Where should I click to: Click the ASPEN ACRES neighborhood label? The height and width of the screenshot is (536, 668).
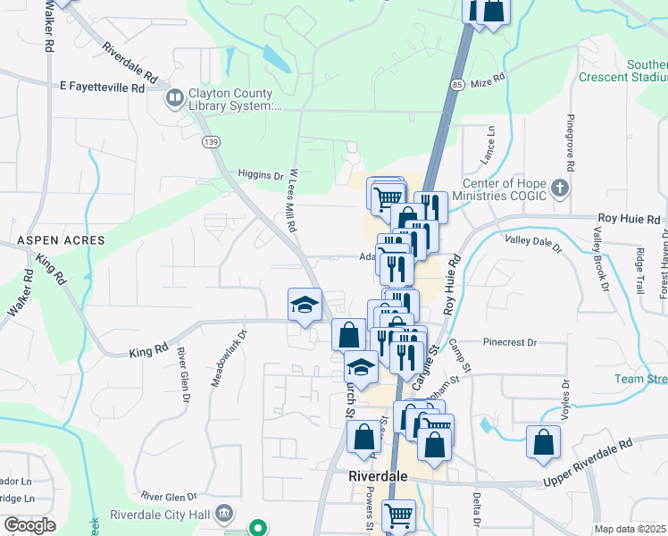tap(61, 241)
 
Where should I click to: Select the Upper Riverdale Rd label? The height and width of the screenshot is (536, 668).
tap(587, 464)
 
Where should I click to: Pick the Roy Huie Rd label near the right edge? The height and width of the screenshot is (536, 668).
tap(629, 219)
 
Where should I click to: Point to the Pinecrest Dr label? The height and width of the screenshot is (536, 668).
tap(509, 342)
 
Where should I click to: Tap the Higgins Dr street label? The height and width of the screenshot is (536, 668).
tap(261, 176)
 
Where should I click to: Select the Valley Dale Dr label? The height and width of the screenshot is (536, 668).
tap(533, 242)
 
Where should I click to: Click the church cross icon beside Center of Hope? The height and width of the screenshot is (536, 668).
tap(559, 188)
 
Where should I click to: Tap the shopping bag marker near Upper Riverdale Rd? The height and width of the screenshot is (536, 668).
tap(543, 443)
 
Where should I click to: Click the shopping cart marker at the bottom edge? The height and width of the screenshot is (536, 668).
tap(398, 515)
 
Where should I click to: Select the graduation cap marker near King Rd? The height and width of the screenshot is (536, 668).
tap(305, 306)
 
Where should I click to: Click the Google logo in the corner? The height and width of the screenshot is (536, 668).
tap(29, 525)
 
